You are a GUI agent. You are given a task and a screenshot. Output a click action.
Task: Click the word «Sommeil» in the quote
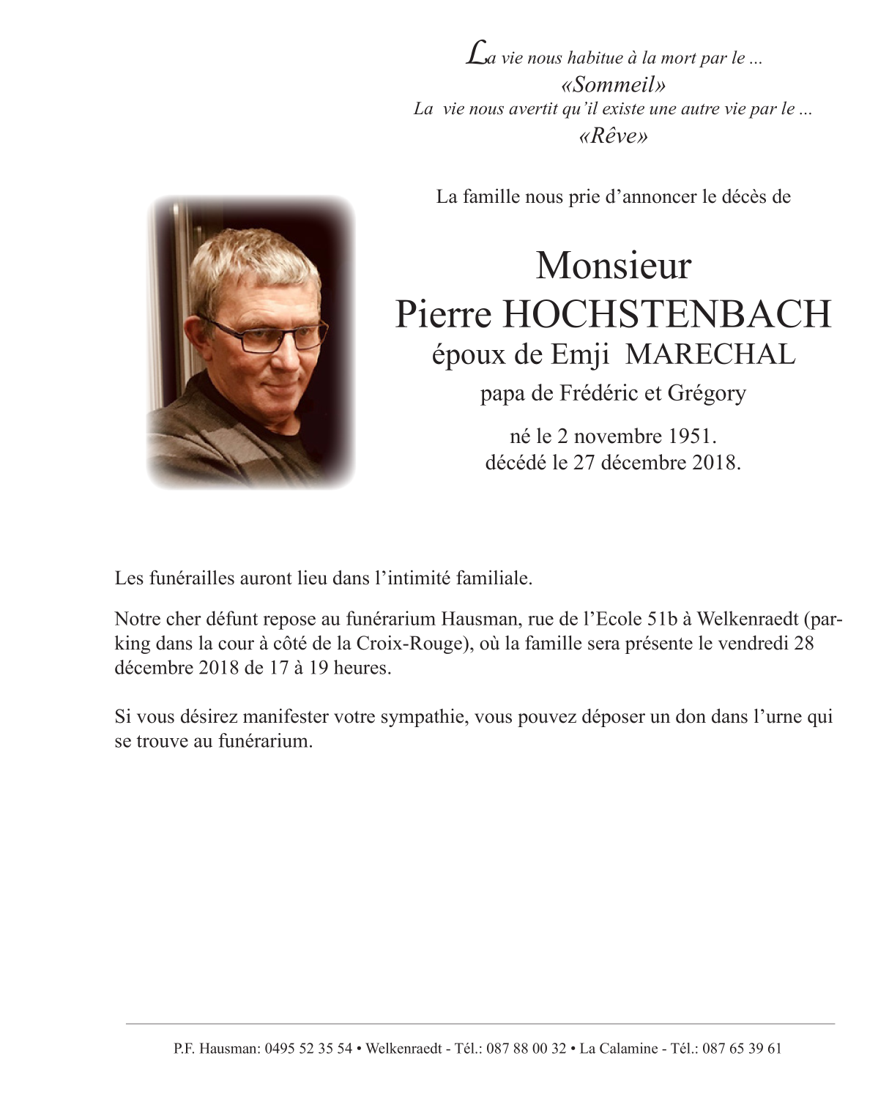pyautogui.click(x=613, y=85)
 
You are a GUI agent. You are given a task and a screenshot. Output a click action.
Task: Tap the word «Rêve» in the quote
pyautogui.click(x=613, y=136)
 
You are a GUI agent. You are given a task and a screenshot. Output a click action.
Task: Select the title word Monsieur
pyautogui.click(x=613, y=266)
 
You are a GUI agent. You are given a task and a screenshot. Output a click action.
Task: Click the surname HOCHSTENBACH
pyautogui.click(x=667, y=314)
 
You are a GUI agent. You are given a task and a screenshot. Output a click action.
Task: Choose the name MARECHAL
pyautogui.click(x=711, y=354)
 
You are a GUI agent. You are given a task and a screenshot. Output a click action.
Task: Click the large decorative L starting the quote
pyautogui.click(x=475, y=55)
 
